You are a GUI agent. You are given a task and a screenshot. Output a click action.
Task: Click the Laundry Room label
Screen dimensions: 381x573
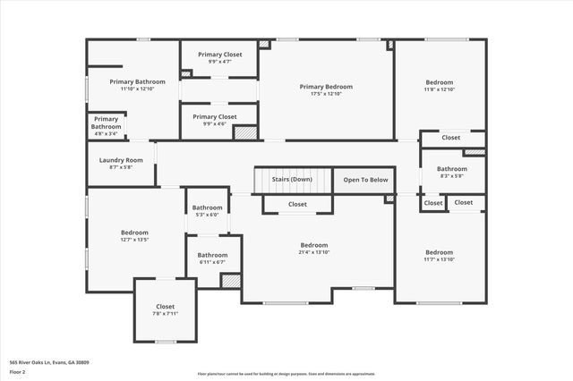pyautogui.click(x=120, y=160)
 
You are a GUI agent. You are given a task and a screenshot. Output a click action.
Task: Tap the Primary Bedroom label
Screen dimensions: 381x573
pyautogui.click(x=326, y=87)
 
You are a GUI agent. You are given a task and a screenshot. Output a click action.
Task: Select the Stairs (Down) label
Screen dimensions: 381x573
pyautogui.click(x=292, y=180)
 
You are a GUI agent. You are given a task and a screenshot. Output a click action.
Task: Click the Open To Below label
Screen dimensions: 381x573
pyautogui.click(x=365, y=180)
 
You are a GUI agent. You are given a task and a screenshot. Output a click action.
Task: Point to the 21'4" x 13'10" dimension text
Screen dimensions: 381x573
pyautogui.click(x=313, y=253)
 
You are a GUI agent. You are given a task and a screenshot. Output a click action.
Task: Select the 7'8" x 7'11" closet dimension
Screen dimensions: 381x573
pyautogui.click(x=166, y=314)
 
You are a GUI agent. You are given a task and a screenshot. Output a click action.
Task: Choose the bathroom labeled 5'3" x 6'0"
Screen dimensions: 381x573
pyautogui.click(x=207, y=215)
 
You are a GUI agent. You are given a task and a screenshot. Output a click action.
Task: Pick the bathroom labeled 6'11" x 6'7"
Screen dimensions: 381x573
pyautogui.click(x=212, y=262)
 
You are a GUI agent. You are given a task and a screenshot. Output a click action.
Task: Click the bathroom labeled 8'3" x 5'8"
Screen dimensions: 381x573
pyautogui.click(x=451, y=176)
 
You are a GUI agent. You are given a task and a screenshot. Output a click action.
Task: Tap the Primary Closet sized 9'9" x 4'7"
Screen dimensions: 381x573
pyautogui.click(x=218, y=62)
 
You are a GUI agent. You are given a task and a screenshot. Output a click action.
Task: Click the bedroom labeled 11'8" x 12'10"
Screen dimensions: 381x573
pyautogui.click(x=439, y=89)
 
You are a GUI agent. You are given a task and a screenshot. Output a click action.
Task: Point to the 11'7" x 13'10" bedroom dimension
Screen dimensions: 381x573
pyautogui.click(x=439, y=259)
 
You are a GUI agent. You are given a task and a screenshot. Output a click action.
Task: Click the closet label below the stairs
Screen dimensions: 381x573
pyautogui.click(x=297, y=204)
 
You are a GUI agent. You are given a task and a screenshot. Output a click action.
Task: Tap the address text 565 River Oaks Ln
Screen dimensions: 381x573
pyautogui.click(x=49, y=362)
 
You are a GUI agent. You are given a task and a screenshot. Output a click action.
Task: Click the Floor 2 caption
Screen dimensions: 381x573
pyautogui.click(x=17, y=371)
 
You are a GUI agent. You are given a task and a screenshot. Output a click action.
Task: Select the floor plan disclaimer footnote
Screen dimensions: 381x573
pyautogui.click(x=286, y=374)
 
